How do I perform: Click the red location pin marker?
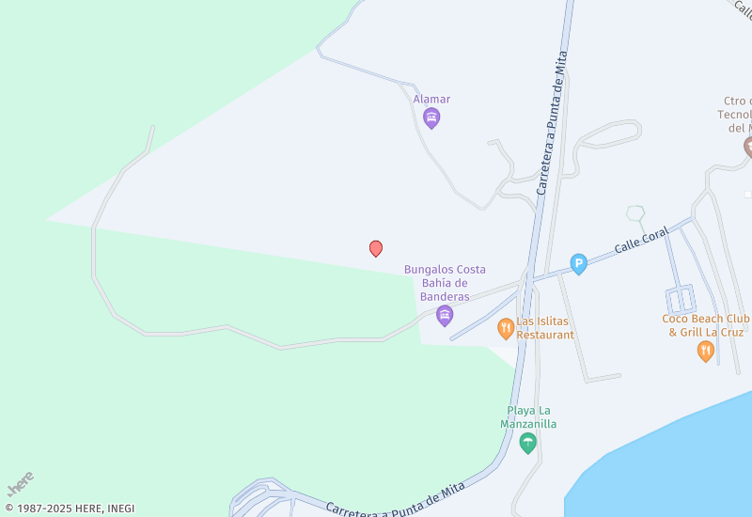pos(376,248)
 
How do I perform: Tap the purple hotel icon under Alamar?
pos(431,117)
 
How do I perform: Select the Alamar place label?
pos(431,99)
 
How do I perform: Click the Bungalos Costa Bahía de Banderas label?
pos(445,283)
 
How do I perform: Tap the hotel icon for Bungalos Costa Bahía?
pos(445,315)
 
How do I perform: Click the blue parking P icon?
pos(579,264)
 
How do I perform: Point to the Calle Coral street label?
pos(641,240)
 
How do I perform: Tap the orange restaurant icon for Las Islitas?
pos(506,328)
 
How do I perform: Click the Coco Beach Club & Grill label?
pos(705,325)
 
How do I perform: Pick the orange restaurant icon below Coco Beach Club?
pos(705,352)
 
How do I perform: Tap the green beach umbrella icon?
pos(528,443)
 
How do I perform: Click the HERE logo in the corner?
pos(20,483)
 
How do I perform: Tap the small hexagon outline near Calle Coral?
pos(636,213)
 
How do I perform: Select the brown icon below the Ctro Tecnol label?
pos(748,147)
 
